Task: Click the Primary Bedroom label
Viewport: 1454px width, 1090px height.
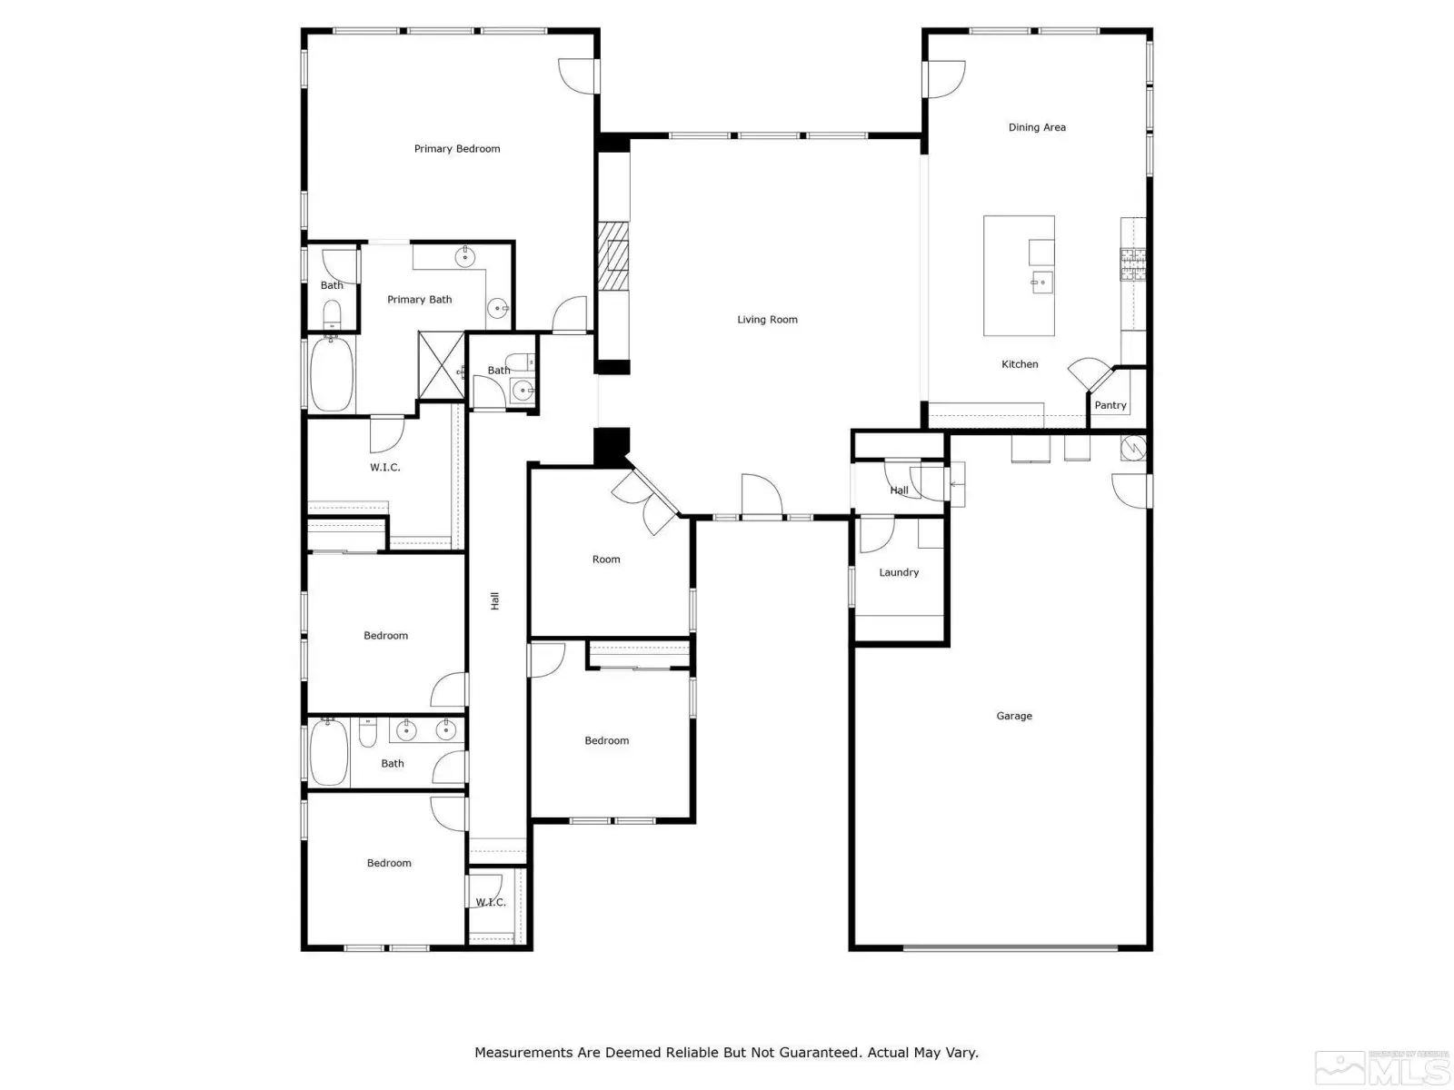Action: pos(456,149)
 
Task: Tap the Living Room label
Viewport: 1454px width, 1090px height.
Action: pos(767,320)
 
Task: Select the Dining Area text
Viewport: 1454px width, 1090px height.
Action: pos(1037,127)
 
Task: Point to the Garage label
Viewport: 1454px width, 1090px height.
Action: pos(1013,716)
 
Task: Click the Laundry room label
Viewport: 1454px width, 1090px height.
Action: pos(898,572)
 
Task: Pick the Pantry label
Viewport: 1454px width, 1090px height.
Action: pos(1110,405)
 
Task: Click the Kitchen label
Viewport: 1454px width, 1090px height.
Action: pos(1020,364)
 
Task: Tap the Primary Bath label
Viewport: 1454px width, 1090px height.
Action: pos(419,300)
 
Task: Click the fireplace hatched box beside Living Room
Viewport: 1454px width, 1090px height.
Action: pos(612,256)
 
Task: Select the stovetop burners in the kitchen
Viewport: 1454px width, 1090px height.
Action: pos(1132,264)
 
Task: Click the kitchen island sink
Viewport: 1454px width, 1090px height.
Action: pos(1041,282)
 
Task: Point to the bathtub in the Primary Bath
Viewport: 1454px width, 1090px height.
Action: pos(331,373)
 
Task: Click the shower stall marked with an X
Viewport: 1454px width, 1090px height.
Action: pos(441,366)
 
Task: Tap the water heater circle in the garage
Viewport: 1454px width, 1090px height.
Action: pos(1132,448)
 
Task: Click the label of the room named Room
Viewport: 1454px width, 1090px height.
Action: pos(605,560)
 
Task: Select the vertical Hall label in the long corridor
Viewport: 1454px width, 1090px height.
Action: pos(495,601)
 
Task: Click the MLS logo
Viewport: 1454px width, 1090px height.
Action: pos(1382,1069)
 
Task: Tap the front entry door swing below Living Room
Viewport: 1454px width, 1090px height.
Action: pos(762,494)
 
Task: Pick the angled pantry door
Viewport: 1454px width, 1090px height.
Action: pos(1090,374)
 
